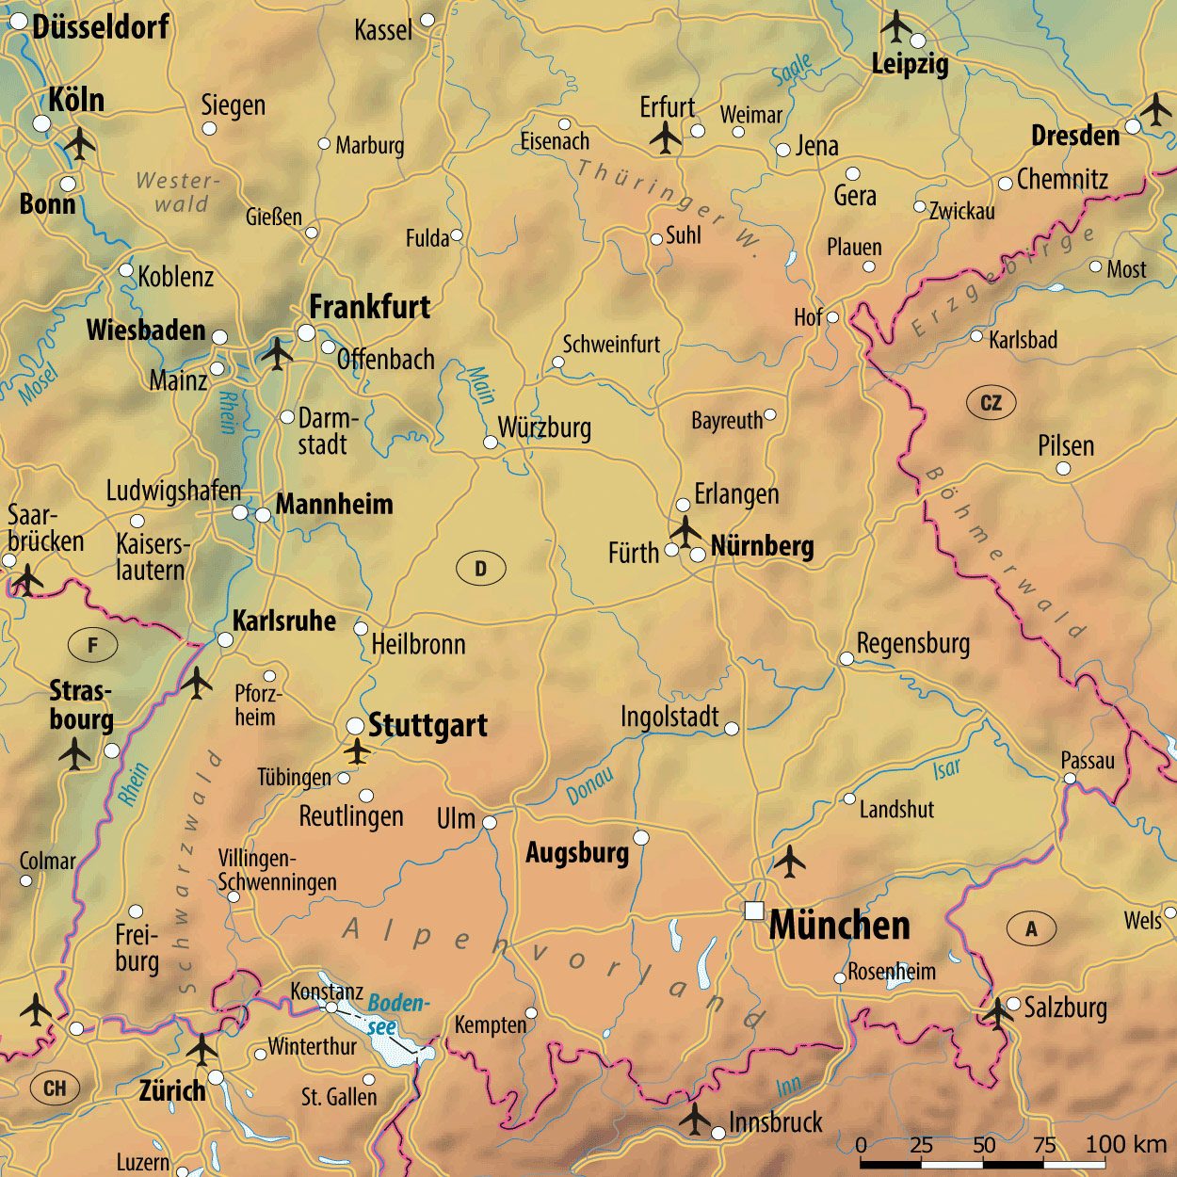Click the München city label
(839, 926)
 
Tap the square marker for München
(754, 911)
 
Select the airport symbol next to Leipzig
(895, 25)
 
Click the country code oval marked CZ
(992, 403)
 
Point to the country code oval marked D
(480, 569)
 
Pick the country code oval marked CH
(55, 1088)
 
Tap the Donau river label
(590, 786)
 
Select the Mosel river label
(39, 384)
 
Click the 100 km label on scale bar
(1125, 1144)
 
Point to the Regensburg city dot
(846, 658)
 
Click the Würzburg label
(544, 427)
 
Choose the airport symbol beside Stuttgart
(356, 751)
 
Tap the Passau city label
(1088, 761)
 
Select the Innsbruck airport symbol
(695, 1119)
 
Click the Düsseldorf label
(101, 26)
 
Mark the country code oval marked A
(1031, 928)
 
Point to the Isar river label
(946, 769)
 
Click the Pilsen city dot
(1063, 468)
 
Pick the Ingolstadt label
(669, 717)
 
